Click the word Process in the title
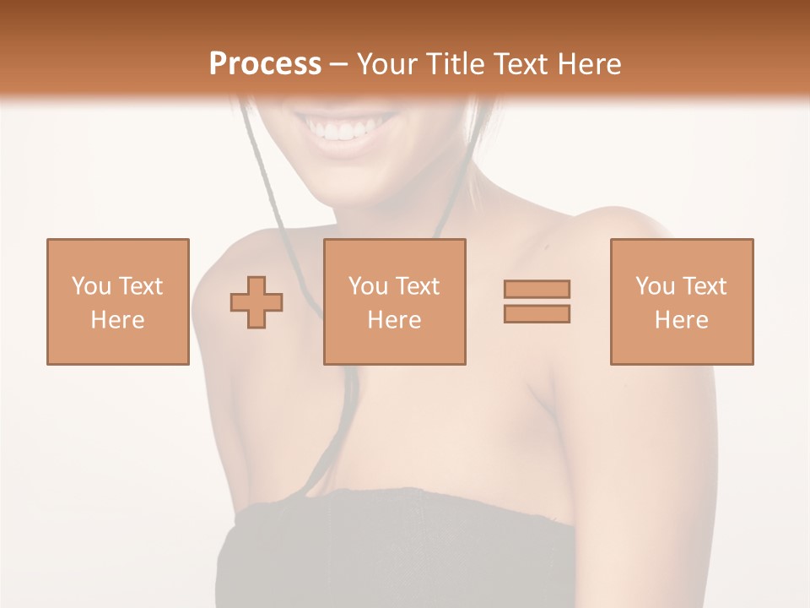tap(265, 64)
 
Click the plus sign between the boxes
tap(256, 301)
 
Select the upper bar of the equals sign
tap(537, 289)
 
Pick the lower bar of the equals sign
tap(537, 313)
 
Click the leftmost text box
tap(118, 301)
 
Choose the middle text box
tap(394, 301)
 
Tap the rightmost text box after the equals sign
tap(682, 301)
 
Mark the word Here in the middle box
tap(394, 320)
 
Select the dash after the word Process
tap(338, 64)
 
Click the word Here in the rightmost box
tap(682, 320)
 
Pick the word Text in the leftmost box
tap(140, 286)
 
